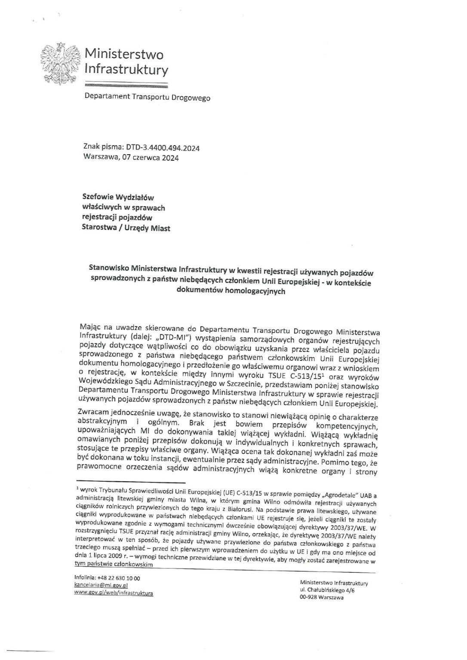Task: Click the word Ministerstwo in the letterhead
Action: click(124, 54)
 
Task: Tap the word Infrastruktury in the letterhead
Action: click(126, 69)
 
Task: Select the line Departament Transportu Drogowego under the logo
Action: click(147, 98)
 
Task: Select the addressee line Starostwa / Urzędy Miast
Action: click(126, 228)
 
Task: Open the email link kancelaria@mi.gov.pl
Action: click(101, 585)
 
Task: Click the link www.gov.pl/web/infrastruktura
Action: click(114, 593)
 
